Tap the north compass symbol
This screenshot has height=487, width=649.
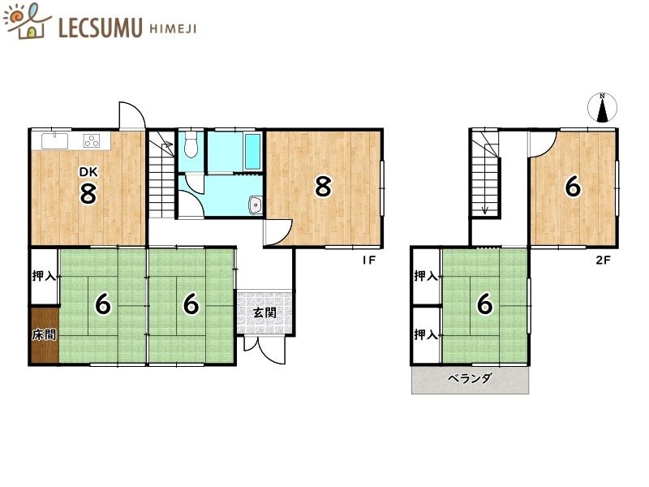coord(602,107)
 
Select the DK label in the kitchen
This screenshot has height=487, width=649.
coord(88,172)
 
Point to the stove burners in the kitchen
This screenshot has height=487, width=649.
coord(92,140)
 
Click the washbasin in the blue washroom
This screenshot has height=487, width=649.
coord(255,205)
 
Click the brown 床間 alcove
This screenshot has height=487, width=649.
coord(45,334)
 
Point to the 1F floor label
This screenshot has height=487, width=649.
coord(369,261)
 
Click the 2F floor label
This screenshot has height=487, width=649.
coord(603,261)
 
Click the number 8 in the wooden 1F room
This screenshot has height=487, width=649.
coord(323,187)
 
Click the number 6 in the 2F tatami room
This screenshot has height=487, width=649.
coord(484,304)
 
